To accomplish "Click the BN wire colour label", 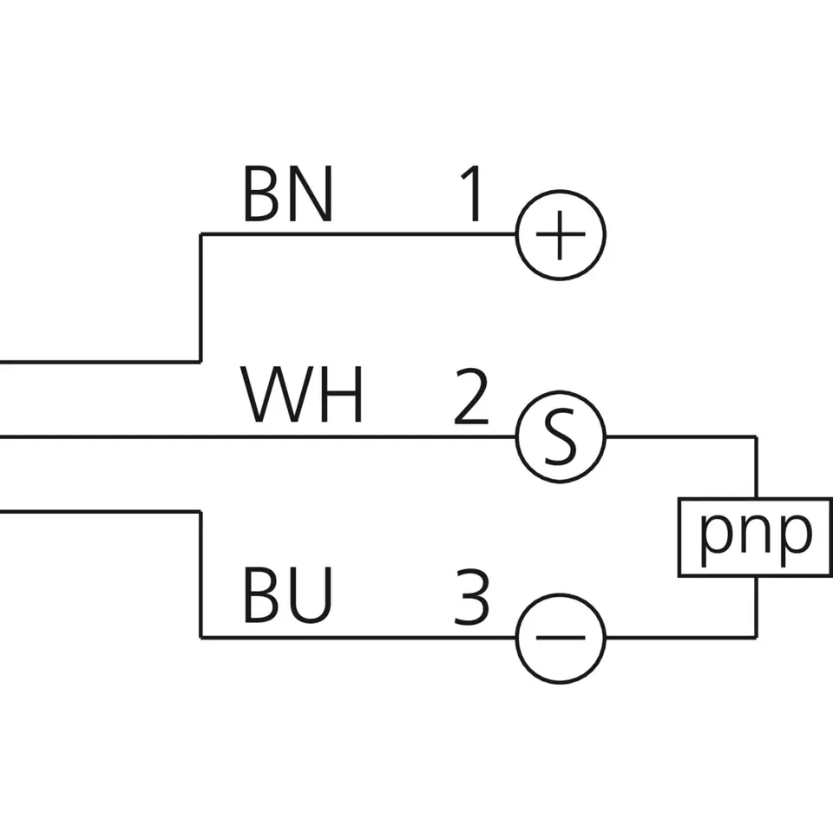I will pos(287,194).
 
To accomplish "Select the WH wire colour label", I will pos(301,396).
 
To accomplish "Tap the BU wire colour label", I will pos(287,598).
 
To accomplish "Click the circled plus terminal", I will pos(561,235).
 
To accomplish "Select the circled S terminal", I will pos(561,436).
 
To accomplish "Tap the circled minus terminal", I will pos(561,638).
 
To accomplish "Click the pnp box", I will pos(756,537).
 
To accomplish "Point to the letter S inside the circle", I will pos(561,436).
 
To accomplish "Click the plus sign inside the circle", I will pos(561,235).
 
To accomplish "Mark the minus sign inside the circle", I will pos(561,638).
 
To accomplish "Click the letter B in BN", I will pos(261,194).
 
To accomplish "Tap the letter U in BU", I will pos(312,598).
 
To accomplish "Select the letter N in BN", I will pos(312,194).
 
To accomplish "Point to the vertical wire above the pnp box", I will pos(757,467).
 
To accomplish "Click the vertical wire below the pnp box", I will pos(757,607).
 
